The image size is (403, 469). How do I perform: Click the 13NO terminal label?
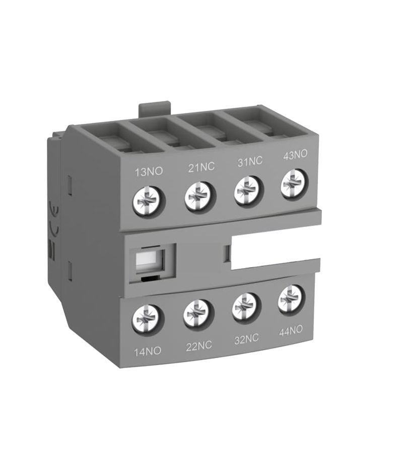point(149,171)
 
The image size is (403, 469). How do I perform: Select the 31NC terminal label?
point(250,162)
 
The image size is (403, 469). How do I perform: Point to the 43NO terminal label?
point(295,155)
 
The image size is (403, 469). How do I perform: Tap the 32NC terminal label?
point(246,339)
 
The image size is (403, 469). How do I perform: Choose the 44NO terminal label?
point(290,331)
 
